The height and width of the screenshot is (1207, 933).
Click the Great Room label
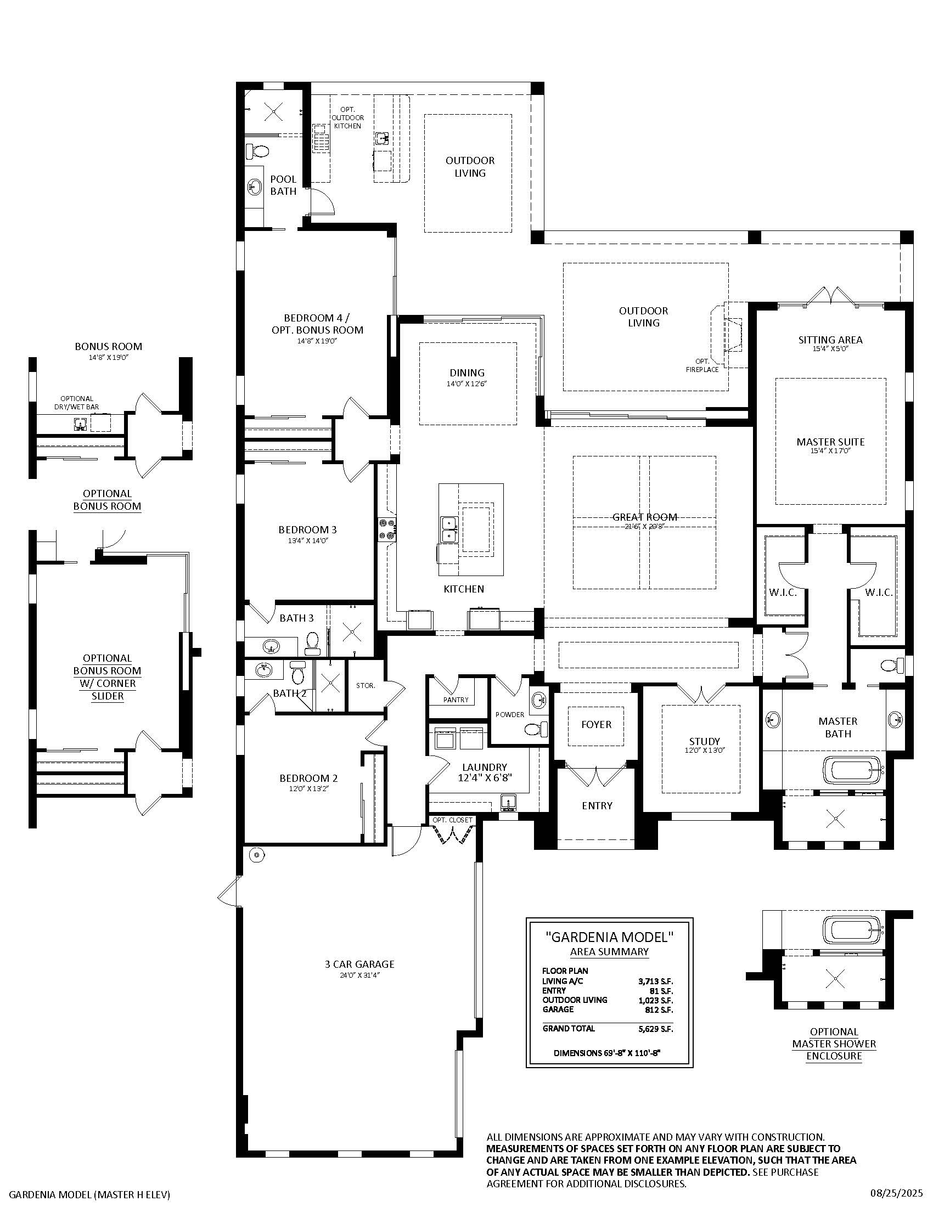[644, 517]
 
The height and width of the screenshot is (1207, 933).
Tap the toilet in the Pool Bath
[257, 150]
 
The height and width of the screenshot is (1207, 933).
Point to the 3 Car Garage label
[359, 965]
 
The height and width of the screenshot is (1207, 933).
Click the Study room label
[704, 741]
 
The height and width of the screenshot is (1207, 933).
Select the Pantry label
[456, 700]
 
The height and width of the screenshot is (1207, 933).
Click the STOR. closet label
[366, 686]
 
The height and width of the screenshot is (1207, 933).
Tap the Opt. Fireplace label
[702, 365]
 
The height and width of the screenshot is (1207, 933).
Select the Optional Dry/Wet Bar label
[77, 403]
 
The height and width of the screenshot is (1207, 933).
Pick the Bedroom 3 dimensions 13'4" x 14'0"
[307, 540]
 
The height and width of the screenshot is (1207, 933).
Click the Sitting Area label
[830, 340]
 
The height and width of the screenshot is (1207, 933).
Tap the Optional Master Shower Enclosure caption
[834, 1044]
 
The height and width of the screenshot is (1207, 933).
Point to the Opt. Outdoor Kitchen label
[347, 118]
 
